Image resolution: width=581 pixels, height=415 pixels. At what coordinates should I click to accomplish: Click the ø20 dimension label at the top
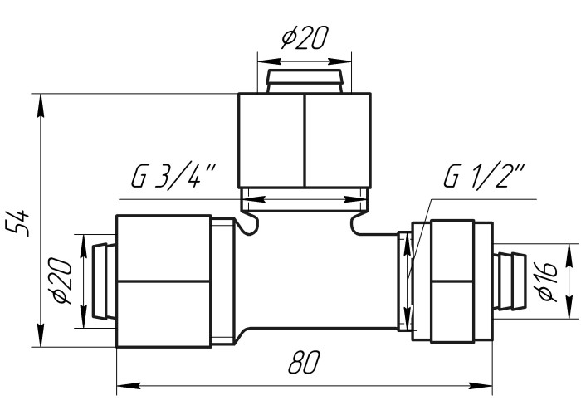305,37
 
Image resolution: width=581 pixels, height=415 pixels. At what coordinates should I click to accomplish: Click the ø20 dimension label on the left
61,281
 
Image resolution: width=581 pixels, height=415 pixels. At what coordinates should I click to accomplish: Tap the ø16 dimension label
548,281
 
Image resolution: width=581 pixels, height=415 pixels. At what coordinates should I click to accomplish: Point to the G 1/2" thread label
485,176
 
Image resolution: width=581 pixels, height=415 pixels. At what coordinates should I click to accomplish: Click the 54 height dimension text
17,222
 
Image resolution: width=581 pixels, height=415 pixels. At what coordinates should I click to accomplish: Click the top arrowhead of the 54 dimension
41,105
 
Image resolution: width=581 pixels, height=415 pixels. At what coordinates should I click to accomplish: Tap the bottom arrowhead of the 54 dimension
41,335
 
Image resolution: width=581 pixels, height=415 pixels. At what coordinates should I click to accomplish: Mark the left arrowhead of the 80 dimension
129,386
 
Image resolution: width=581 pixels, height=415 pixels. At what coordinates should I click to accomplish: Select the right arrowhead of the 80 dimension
481,386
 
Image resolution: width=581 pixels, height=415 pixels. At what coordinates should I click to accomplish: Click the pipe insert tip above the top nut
305,81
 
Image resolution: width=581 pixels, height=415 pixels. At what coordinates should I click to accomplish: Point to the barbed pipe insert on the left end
104,281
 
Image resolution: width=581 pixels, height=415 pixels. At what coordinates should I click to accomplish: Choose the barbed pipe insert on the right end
510,281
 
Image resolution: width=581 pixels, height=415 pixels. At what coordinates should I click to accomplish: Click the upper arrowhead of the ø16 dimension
568,256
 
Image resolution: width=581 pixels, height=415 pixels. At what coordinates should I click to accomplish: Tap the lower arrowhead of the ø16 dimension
568,307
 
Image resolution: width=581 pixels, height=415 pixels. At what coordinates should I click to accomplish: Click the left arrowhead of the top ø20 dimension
270,61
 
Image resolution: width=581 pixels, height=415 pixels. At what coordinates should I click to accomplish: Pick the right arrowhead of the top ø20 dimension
339,61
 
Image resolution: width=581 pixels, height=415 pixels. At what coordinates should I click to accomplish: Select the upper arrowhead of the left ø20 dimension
84,247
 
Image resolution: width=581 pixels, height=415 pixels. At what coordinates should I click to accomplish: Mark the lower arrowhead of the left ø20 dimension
84,316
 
